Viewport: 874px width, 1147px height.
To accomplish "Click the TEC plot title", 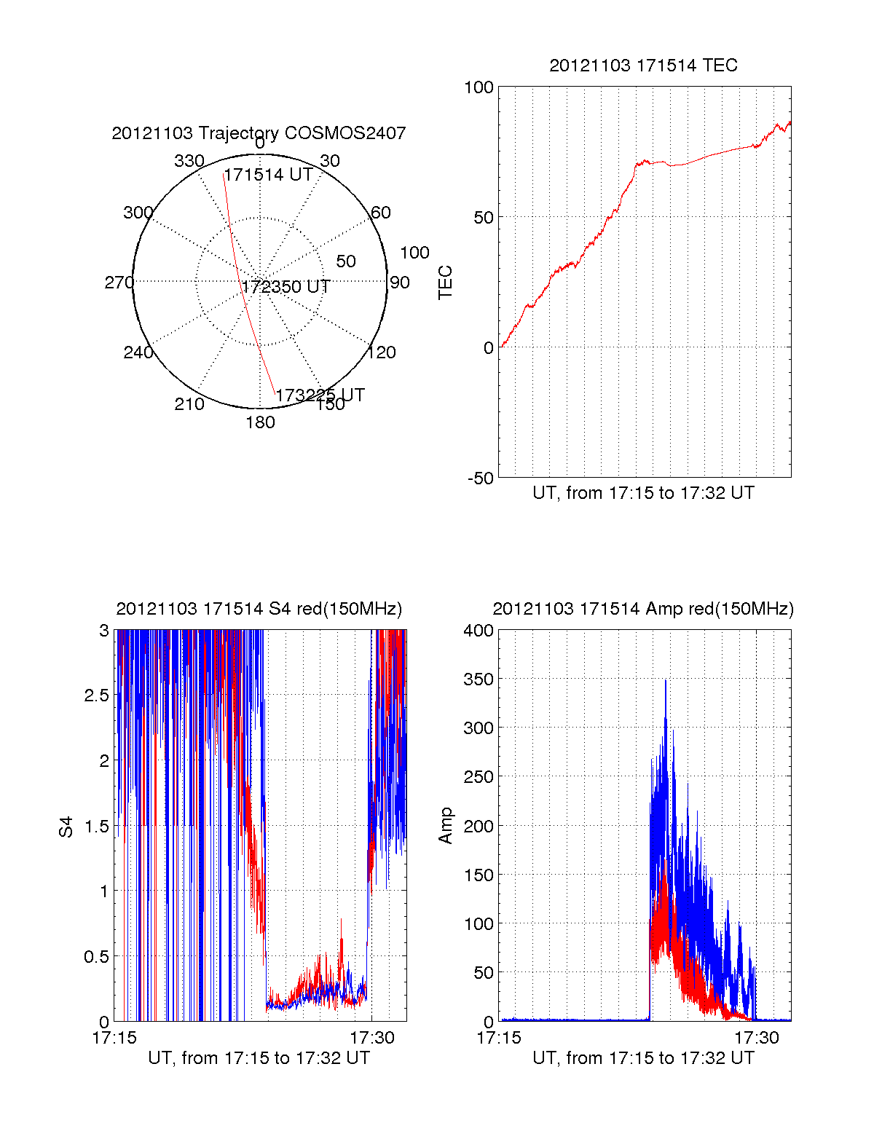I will [x=643, y=66].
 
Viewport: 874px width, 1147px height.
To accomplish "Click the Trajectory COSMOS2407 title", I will [x=259, y=133].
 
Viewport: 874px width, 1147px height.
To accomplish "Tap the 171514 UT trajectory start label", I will [x=268, y=175].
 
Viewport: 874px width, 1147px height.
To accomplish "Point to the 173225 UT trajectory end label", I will [x=320, y=395].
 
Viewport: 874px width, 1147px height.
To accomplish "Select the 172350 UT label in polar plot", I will [x=286, y=287].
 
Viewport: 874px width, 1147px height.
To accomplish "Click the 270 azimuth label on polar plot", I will [x=119, y=283].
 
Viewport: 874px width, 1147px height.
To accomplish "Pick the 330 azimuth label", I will [x=189, y=161].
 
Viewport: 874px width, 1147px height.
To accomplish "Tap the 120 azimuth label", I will [x=382, y=352].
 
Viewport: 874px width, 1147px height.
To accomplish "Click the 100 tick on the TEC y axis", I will [x=479, y=88].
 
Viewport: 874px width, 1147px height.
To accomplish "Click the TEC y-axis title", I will [x=446, y=283].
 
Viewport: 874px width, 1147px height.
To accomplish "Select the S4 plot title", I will [x=259, y=609].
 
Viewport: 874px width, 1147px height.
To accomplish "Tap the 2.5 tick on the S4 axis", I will [x=96, y=695].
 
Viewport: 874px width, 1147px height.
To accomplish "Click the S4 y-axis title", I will [x=66, y=827].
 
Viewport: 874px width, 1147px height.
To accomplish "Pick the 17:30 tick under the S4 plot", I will [x=371, y=1038].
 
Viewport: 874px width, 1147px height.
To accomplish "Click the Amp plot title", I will [x=643, y=609].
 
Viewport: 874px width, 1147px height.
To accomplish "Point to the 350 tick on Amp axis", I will [x=479, y=679].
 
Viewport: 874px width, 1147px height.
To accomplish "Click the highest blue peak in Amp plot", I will [x=666, y=681].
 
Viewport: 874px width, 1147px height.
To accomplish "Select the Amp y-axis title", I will [x=446, y=826].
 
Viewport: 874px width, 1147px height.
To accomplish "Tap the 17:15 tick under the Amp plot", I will [x=499, y=1038].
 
